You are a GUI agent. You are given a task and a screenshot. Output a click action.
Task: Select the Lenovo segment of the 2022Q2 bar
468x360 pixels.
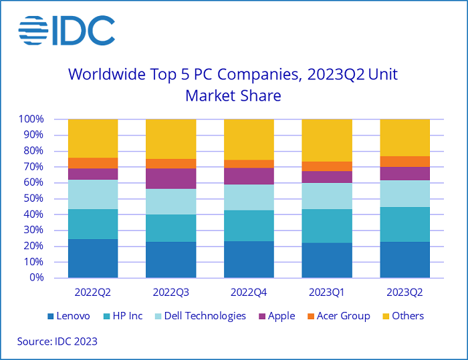tap(93, 258)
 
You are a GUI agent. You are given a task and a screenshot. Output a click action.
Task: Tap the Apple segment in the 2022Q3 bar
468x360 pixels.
tap(170, 178)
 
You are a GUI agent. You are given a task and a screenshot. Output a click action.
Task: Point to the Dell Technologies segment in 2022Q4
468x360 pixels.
tap(249, 197)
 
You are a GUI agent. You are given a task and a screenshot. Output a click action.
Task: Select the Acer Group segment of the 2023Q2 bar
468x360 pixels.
tap(404, 161)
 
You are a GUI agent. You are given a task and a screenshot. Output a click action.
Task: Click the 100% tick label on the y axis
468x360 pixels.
tap(31, 120)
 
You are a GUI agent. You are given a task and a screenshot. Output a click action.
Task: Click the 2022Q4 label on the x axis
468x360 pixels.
tap(249, 293)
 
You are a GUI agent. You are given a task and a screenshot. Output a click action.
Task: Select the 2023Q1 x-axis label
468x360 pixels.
tap(327, 293)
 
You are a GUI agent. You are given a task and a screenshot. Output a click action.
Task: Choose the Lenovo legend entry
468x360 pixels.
tap(68, 316)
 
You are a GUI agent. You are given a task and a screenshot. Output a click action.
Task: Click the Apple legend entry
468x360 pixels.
tap(276, 316)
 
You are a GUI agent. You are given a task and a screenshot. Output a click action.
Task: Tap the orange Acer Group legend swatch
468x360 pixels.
tap(308, 316)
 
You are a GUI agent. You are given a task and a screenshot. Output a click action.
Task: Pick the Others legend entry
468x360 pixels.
tap(403, 316)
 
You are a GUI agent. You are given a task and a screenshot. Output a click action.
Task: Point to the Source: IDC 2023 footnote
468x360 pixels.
tap(57, 341)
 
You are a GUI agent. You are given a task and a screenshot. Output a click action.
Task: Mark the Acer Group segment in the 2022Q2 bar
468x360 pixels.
tap(93, 163)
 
